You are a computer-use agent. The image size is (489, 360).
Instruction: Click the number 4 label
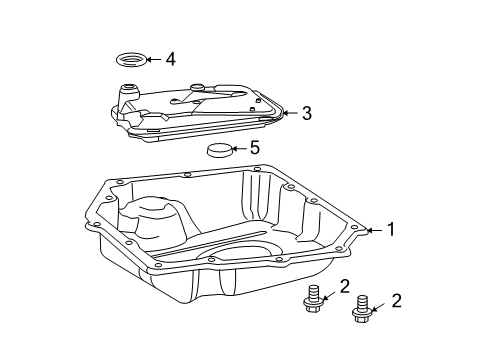pyautogui.click(x=170, y=60)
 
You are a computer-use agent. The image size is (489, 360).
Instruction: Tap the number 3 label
pyautogui.click(x=306, y=113)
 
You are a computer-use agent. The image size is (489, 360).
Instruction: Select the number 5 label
pyautogui.click(x=254, y=148)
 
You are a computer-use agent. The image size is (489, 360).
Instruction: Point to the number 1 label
pyautogui.click(x=390, y=229)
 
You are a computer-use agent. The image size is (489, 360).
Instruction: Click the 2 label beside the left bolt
pyautogui.click(x=343, y=287)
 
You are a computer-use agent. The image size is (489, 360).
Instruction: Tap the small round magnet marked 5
pyautogui.click(x=220, y=152)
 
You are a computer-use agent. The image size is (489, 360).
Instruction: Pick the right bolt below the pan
pyautogui.click(x=361, y=312)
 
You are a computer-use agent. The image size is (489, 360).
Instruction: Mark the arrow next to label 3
pyautogui.click(x=288, y=114)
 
